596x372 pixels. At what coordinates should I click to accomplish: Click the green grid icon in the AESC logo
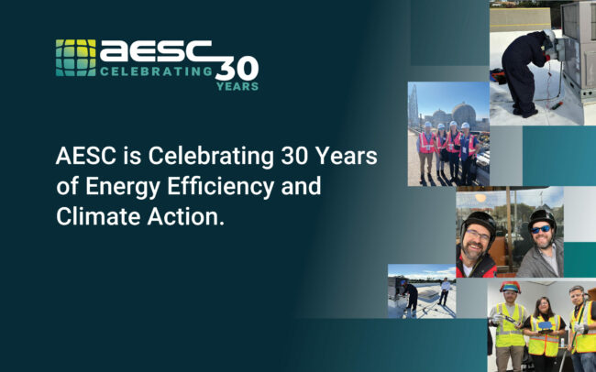[74, 58]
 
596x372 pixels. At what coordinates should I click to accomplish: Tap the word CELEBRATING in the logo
[156, 71]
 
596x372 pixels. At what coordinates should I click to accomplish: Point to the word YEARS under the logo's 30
[237, 87]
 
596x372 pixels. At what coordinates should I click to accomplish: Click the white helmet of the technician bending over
[549, 36]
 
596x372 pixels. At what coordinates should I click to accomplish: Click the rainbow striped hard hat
[510, 287]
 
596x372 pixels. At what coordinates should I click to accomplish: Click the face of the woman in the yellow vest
[542, 306]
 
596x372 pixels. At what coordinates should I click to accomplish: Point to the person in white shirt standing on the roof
[446, 291]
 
